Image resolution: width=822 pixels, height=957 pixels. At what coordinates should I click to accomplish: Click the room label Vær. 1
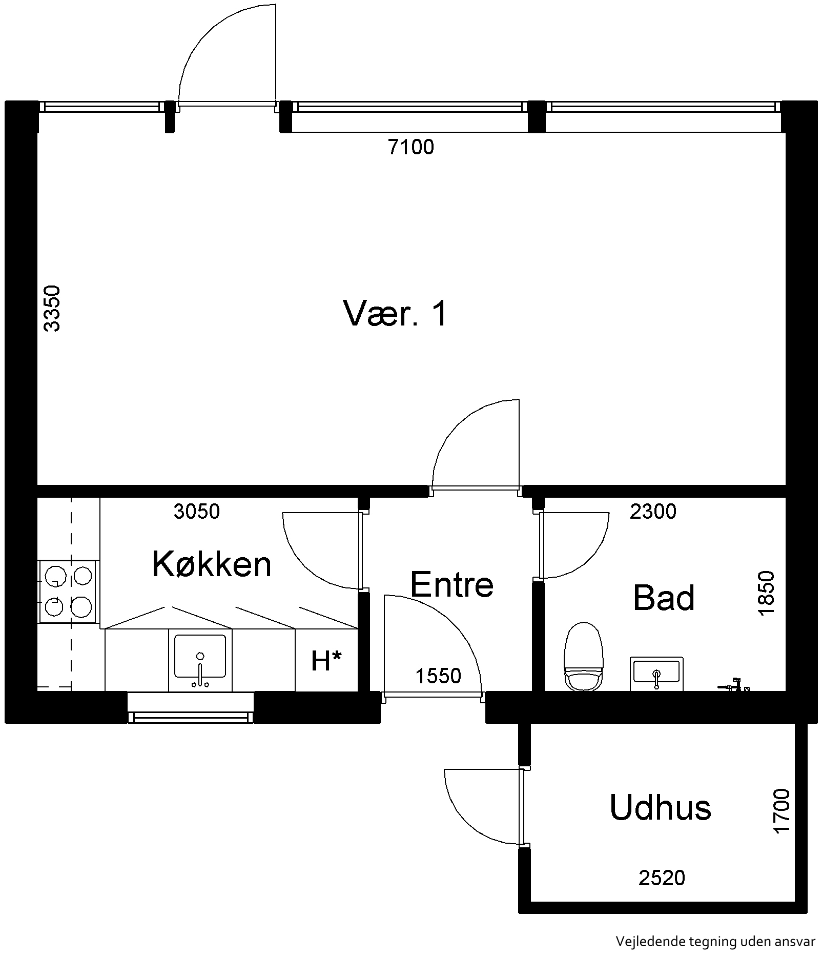pos(395,313)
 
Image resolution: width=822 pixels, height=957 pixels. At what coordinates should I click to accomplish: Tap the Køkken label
pos(212,564)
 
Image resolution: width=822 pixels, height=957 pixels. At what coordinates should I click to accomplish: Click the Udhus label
pos(660,807)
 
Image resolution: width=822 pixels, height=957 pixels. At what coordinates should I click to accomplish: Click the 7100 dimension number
pos(410,147)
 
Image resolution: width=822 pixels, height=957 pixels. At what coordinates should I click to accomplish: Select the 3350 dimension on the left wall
pos(52,309)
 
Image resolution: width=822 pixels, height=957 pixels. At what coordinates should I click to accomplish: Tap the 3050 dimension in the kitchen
pos(197,511)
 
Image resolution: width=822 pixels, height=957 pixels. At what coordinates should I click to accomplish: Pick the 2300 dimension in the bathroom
pos(653,511)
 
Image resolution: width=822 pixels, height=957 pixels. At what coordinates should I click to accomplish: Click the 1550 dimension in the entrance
pos(438,676)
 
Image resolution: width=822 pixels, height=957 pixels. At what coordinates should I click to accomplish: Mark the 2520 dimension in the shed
pos(662,878)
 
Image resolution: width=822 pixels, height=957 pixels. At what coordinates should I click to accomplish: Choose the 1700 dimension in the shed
pos(782,811)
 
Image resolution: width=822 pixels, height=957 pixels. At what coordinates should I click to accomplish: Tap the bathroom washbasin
pos(656,673)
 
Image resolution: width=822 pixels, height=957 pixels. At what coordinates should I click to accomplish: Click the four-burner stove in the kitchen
pos(68,592)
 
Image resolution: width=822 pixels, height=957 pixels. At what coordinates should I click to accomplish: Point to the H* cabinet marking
pos(326,661)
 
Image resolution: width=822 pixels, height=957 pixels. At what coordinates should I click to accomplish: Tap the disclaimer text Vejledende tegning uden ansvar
pos(715,942)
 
